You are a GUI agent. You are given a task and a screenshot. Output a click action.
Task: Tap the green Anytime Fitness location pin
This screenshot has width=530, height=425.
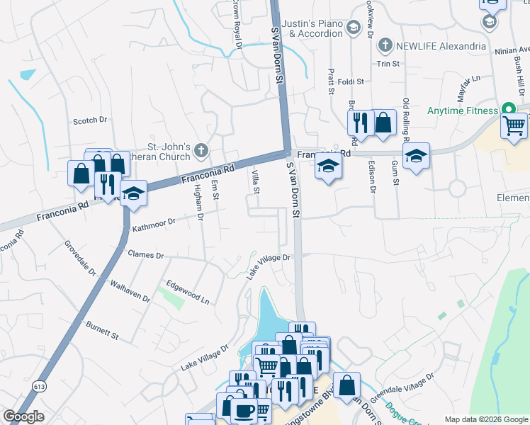(x=507, y=110)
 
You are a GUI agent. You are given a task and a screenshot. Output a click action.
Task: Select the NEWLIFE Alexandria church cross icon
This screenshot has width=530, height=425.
(x=385, y=46)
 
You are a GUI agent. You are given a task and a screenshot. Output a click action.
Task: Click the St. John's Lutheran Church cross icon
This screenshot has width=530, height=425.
(x=201, y=151)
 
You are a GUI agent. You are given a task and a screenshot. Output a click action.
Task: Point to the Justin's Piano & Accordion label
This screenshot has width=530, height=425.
(x=310, y=28)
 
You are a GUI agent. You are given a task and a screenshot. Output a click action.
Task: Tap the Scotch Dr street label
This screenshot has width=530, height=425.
(x=89, y=121)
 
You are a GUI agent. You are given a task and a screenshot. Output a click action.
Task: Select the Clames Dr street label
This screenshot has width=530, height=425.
(x=145, y=254)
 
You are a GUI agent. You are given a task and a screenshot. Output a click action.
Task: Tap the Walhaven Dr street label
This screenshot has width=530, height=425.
(x=130, y=291)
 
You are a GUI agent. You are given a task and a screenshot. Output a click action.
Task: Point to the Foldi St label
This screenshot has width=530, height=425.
(x=350, y=81)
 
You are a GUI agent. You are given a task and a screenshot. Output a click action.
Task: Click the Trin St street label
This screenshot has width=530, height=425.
(x=388, y=63)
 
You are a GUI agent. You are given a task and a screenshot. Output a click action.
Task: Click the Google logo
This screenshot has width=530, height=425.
(x=23, y=416)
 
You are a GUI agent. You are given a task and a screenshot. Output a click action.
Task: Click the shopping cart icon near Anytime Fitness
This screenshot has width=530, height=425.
(x=514, y=126)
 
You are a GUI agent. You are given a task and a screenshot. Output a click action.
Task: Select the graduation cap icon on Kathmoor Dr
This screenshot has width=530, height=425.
(x=132, y=194)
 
